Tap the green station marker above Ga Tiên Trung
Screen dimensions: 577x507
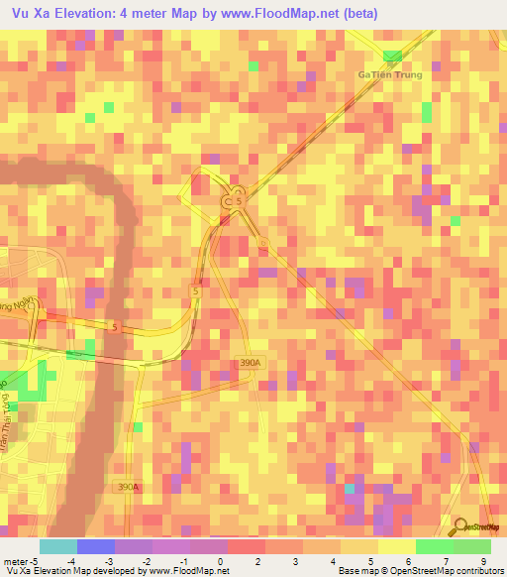pyautogui.click(x=394, y=56)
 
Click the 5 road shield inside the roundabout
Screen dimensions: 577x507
pyautogui.click(x=238, y=201)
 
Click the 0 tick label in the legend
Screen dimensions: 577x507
pyautogui.click(x=230, y=561)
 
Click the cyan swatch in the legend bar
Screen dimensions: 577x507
pyautogui.click(x=58, y=546)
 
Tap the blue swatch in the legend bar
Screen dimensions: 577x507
pyautogui.click(x=96, y=546)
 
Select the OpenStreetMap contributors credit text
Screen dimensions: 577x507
pyautogui.click(x=446, y=572)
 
